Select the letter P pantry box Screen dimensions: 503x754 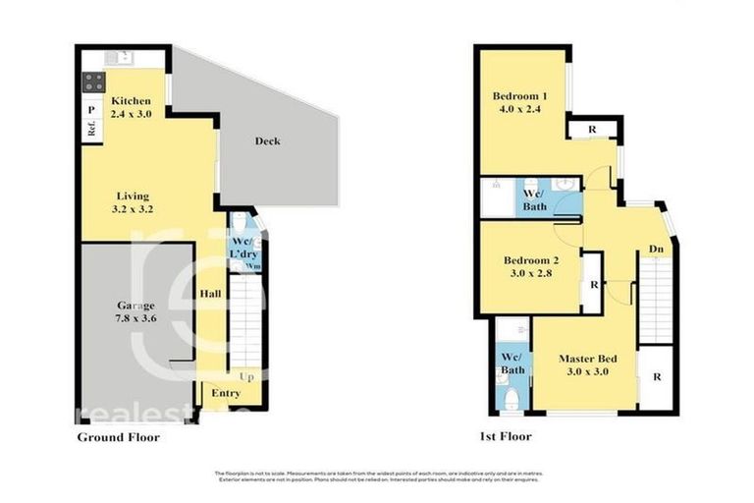(89, 110)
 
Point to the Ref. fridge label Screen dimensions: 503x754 (89, 129)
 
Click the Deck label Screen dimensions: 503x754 (267, 141)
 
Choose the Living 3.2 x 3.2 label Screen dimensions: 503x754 (135, 201)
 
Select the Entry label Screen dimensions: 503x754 (227, 394)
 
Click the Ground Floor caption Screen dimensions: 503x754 (118, 437)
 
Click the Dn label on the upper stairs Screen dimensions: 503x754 (655, 251)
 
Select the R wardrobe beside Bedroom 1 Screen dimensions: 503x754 (593, 130)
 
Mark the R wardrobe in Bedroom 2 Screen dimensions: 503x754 (594, 285)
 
